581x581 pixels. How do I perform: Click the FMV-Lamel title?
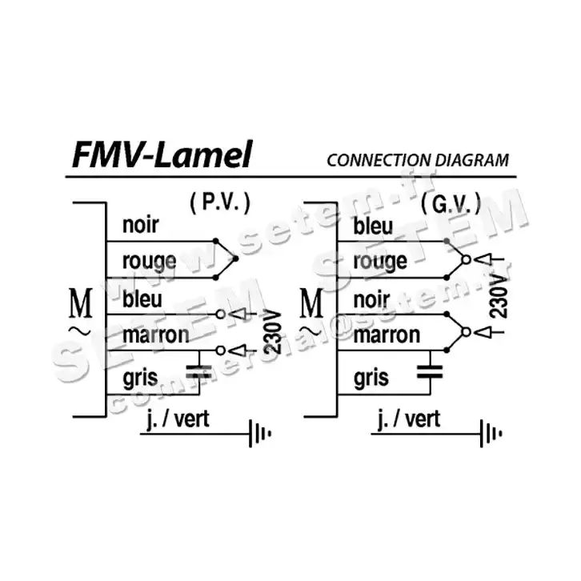162,154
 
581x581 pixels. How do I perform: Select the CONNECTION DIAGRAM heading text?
417,159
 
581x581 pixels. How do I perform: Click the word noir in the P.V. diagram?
140,225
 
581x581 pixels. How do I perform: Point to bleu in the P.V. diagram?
142,299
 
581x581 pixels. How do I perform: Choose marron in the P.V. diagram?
155,335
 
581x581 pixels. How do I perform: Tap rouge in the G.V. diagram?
379,262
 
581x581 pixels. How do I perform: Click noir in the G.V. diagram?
371,299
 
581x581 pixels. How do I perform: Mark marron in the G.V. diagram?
387,335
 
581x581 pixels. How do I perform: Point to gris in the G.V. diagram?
371,377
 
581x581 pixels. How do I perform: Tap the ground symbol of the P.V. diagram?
260,433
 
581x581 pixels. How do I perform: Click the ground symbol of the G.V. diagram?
491,433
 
